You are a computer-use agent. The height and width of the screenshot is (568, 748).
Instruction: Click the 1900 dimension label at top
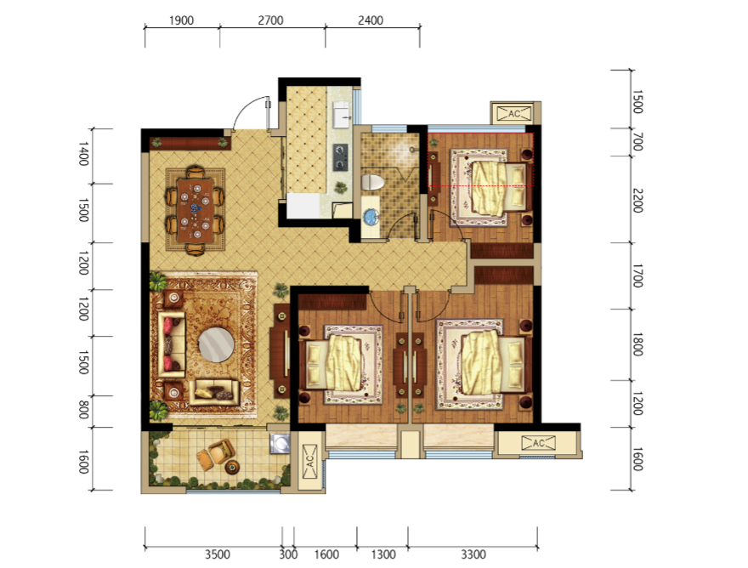tap(181, 20)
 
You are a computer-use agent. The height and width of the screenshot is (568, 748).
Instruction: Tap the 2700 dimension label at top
tap(270, 20)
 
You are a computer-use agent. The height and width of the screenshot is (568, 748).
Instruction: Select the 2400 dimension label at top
tap(371, 20)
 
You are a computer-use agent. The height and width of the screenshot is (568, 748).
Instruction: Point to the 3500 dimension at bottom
tap(218, 554)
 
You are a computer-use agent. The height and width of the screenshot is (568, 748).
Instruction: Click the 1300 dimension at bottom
tap(383, 554)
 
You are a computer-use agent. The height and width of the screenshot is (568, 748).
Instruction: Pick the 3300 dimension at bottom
tap(473, 554)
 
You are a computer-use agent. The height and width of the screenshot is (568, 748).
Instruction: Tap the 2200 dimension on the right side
tap(637, 201)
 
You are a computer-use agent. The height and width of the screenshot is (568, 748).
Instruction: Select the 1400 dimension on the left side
tap(83, 154)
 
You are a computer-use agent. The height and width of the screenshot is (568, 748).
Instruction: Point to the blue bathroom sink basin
tap(371, 217)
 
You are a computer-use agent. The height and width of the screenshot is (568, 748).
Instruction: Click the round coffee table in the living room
tap(216, 344)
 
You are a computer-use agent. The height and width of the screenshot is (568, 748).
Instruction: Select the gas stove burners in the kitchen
tap(340, 157)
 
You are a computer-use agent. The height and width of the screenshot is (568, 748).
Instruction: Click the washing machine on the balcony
tap(280, 443)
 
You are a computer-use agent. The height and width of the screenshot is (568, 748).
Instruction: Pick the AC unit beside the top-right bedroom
tap(515, 114)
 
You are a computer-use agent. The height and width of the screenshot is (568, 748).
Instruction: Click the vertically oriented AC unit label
tap(309, 461)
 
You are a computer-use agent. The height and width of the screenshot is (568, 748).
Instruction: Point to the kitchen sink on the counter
tap(342, 115)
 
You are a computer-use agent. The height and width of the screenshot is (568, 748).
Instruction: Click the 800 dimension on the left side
tap(83, 410)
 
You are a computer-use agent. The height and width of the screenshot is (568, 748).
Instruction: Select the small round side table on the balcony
tap(232, 467)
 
